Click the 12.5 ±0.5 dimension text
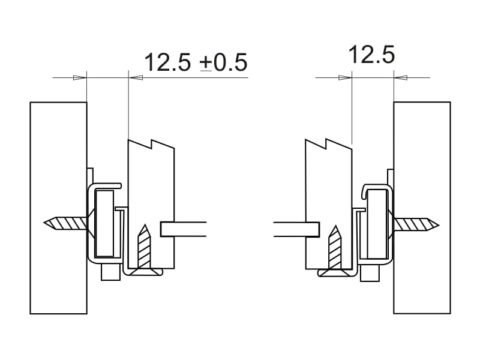196,62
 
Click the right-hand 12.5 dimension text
371,55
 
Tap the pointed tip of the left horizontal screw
44,223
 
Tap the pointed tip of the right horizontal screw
439,226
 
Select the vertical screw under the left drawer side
144,250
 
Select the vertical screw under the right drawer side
335,251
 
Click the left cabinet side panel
58,208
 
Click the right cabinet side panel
422,208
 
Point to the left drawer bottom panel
183,229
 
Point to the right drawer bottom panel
296,229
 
